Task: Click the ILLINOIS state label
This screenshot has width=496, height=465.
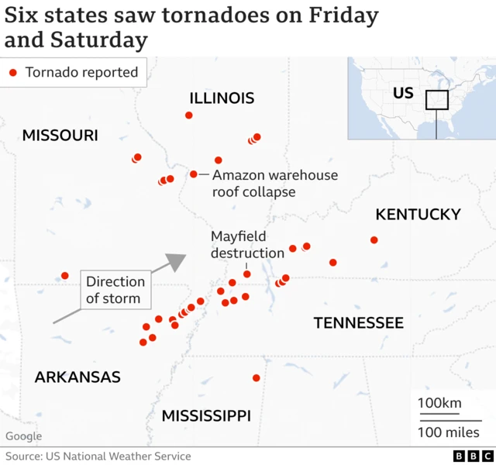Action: coord(222,98)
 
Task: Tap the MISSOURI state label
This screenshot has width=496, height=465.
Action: coord(60,136)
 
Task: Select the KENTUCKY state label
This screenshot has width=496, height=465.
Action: coord(418,215)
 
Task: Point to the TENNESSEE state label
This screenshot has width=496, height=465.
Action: coord(358,322)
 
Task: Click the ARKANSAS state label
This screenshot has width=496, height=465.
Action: coord(77,377)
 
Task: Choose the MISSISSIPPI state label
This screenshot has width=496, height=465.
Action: coord(206,416)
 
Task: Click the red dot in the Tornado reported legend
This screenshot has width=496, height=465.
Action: coord(13,73)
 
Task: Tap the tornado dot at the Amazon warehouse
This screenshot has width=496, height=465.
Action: coord(194,174)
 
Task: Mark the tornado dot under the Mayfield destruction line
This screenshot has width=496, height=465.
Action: coord(247,274)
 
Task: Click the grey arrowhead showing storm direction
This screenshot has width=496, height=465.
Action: coord(177,262)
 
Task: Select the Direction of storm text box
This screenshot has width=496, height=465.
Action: coord(115,290)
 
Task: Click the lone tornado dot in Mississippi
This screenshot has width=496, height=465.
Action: coord(256,378)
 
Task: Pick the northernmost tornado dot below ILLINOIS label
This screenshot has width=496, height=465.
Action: coord(188,115)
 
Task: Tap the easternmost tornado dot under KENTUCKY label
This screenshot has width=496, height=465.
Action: coord(374,240)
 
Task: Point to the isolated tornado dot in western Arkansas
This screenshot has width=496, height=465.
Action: coord(65,276)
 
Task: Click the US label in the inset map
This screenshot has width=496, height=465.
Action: coord(403,93)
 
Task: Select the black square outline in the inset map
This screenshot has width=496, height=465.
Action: coord(437,101)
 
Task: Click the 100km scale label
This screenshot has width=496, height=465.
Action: coord(439,403)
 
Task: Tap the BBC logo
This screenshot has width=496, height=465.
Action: coord(467,456)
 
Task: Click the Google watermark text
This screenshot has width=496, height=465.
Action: coord(23,437)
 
